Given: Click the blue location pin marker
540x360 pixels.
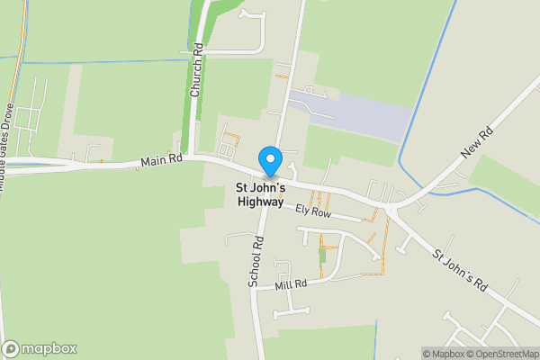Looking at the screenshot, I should tap(269, 160).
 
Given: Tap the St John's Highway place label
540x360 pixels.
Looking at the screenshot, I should tap(261, 195).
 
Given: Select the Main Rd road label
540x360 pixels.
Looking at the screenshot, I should tap(162, 161).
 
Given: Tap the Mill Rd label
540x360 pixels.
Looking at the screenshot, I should tap(292, 284).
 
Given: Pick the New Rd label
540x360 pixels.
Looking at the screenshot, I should tap(477, 145).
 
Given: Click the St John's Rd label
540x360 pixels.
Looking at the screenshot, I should tap(460, 269).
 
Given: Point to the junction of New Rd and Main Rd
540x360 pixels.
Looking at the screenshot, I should tap(392, 206).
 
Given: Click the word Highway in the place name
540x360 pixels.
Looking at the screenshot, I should tap(261, 202).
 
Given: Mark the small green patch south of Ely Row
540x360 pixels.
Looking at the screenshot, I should tap(322, 255).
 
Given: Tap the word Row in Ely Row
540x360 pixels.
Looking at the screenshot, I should tap(323, 215).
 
